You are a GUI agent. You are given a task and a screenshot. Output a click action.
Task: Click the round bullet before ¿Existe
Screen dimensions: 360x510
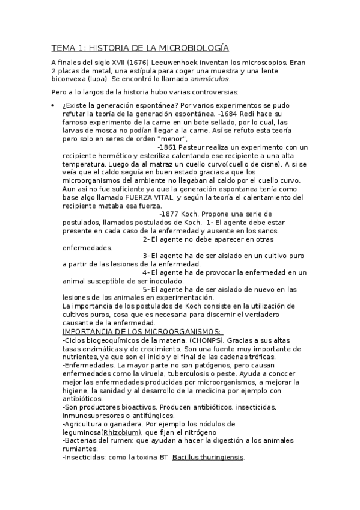click(53, 106)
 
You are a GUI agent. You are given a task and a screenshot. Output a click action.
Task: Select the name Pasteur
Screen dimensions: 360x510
click(194, 147)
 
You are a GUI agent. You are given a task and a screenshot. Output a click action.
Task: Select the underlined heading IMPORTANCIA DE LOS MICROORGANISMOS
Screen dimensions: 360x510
click(141, 331)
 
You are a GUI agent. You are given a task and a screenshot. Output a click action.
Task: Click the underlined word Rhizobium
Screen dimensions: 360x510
click(121, 432)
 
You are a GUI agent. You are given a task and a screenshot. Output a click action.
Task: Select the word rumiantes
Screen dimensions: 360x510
click(80, 449)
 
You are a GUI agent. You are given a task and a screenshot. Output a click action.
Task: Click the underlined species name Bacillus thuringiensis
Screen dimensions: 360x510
click(208, 457)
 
